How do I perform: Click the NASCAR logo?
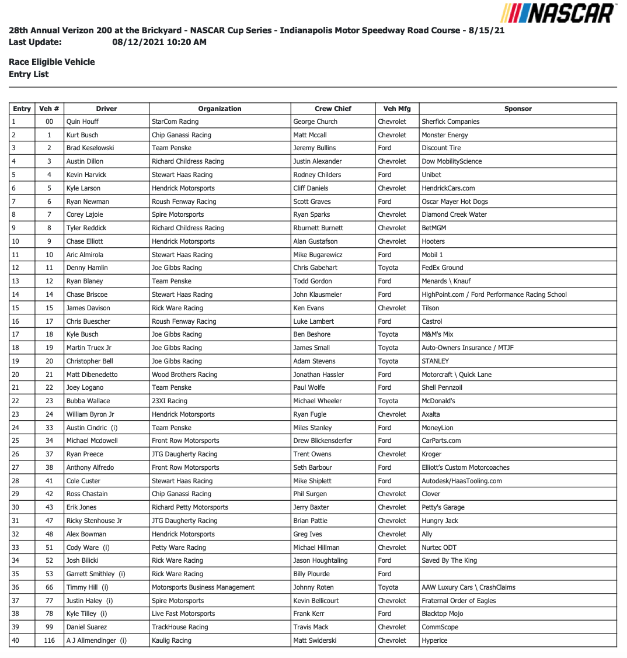click(x=558, y=13)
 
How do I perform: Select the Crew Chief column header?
click(x=333, y=109)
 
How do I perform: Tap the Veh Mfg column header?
click(x=397, y=109)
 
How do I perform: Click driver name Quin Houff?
click(x=82, y=122)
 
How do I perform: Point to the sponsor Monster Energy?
click(x=445, y=135)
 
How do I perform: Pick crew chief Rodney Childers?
click(x=317, y=175)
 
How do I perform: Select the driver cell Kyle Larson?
click(x=83, y=188)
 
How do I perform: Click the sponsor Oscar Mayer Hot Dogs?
click(x=455, y=202)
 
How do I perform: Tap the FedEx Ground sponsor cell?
click(x=443, y=268)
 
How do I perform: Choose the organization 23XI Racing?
click(x=169, y=401)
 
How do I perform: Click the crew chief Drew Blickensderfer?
click(x=323, y=441)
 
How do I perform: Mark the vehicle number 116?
click(x=50, y=640)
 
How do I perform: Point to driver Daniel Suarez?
click(x=86, y=627)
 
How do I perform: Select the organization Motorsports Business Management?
click(x=203, y=587)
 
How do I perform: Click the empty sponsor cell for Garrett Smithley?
click(x=518, y=574)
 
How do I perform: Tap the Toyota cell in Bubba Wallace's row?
click(x=388, y=401)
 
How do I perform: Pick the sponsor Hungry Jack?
click(x=440, y=521)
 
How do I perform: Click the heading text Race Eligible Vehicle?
click(x=52, y=62)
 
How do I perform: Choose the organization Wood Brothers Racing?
click(x=184, y=375)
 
